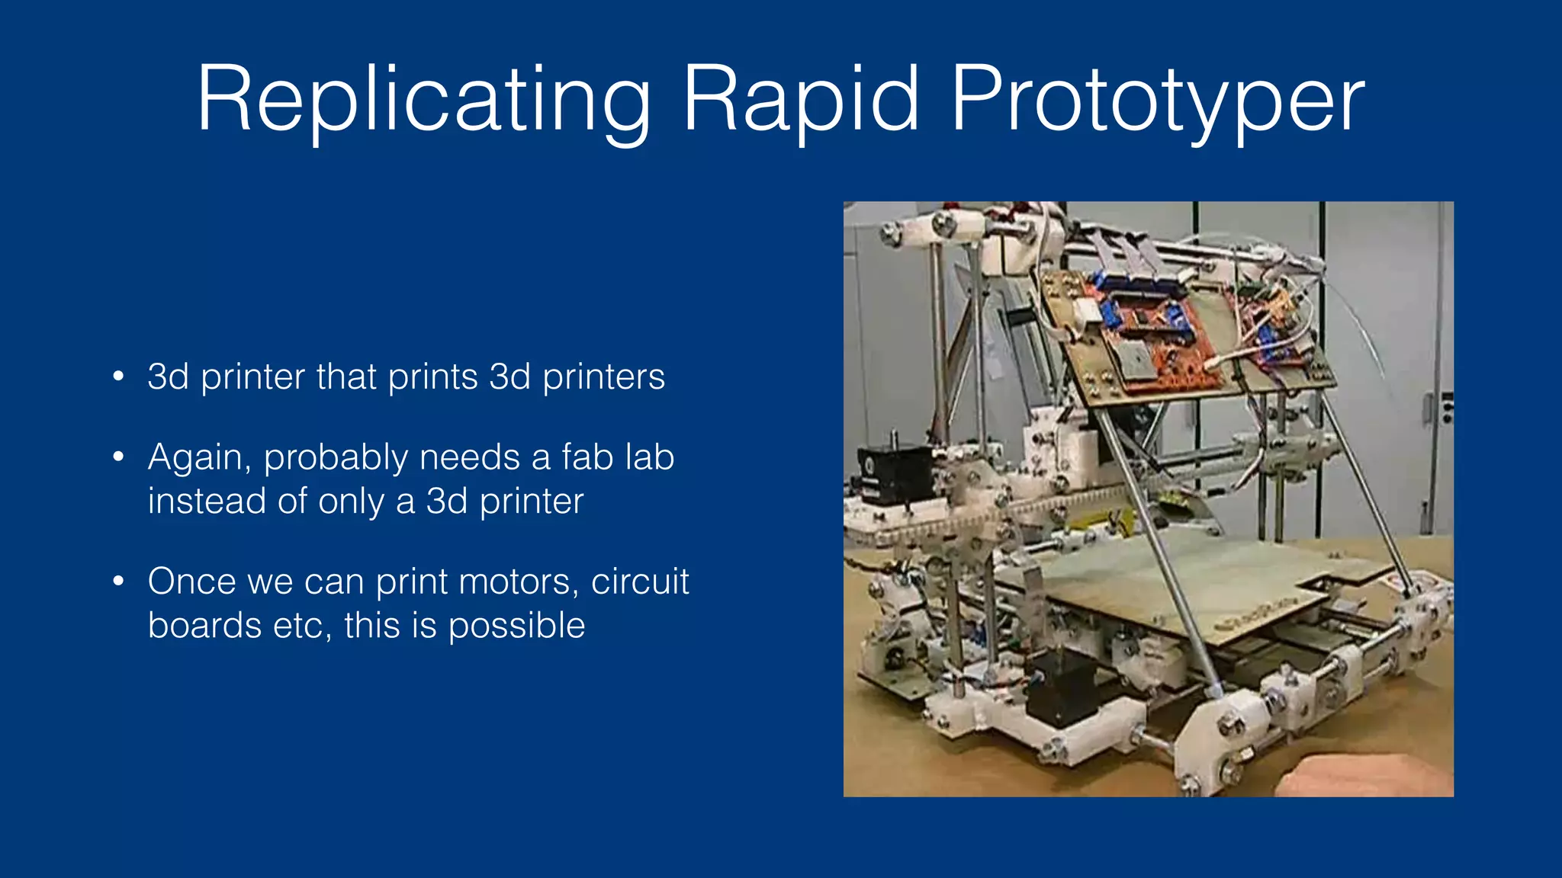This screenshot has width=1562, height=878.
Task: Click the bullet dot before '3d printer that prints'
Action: click(x=118, y=377)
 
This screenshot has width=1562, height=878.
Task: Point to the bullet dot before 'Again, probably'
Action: click(x=118, y=457)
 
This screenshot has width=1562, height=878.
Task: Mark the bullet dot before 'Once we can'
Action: click(x=118, y=582)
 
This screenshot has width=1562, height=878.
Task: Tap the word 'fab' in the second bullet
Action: click(x=587, y=457)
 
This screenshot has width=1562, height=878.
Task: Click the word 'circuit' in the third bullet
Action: click(x=640, y=582)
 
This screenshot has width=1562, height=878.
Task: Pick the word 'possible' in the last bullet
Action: click(x=516, y=626)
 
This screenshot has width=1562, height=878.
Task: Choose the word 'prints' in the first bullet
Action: click(x=432, y=377)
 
